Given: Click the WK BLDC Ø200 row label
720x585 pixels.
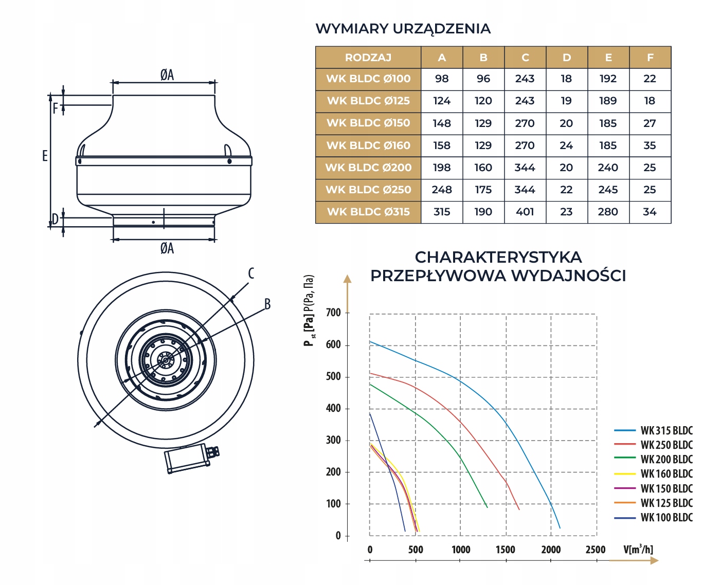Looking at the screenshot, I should pos(368,168).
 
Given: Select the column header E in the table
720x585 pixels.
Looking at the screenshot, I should pos(608,58).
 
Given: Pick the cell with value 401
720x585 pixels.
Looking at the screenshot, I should pos(525,212).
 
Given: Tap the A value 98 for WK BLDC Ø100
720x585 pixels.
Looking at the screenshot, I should pos(442,79).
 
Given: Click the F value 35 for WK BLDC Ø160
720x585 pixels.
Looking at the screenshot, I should pos(650,145).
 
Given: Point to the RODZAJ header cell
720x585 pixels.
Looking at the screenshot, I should pos(368,58).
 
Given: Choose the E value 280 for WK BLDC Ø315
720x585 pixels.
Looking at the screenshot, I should pos(608,212).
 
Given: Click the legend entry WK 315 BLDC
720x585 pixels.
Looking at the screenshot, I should pos(667,431).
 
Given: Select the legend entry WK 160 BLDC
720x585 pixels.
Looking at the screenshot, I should pos(667,474).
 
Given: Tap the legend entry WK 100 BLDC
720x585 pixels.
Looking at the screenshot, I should pos(667,518).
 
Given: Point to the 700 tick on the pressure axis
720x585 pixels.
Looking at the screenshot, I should pos(333,313).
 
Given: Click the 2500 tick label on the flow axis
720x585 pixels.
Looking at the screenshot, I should pos(596,550).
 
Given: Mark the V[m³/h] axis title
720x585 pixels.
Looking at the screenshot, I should pos(638,550).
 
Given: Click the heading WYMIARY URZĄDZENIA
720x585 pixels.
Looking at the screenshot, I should pos(403,29).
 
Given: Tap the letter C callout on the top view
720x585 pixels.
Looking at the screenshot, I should pos(251,273).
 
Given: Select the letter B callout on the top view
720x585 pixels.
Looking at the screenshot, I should pos(267,304).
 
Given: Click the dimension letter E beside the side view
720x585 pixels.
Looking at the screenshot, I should pos(45,156).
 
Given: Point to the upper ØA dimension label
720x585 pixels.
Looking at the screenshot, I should pos(167,76).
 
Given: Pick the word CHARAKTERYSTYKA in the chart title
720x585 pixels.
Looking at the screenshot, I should pos(498,257).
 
